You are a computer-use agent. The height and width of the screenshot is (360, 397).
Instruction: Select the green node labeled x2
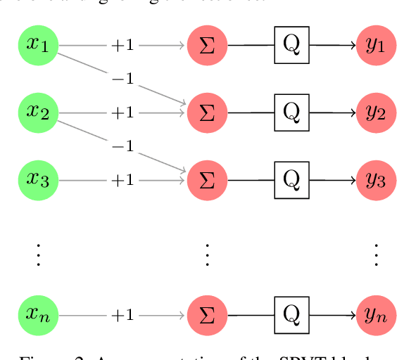tap(38, 112)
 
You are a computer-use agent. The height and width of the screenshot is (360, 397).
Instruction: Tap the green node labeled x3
tap(38, 180)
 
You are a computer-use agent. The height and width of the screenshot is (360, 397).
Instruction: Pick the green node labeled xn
tap(38, 315)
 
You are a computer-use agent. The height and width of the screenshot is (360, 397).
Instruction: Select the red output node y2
tap(375, 112)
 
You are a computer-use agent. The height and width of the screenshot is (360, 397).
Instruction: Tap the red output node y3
tap(375, 180)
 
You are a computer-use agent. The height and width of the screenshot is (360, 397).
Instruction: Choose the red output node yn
tap(375, 315)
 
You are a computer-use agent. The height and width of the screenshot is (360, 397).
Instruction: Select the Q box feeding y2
tap(291, 112)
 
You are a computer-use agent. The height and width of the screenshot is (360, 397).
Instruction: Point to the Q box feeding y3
tap(291, 180)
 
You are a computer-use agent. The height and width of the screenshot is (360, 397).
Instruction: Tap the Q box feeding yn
tap(291, 315)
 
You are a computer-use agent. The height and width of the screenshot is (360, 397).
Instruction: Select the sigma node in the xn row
tap(207, 315)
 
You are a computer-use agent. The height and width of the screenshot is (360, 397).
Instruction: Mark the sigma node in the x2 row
tap(207, 112)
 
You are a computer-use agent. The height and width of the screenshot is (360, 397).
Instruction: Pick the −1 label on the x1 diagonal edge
tap(122, 79)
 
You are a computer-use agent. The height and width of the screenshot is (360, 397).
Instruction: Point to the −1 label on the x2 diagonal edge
tap(122, 146)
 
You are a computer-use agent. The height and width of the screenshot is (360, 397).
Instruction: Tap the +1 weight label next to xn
tap(122, 315)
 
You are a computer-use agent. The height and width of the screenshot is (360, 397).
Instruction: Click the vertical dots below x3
tap(38, 255)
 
